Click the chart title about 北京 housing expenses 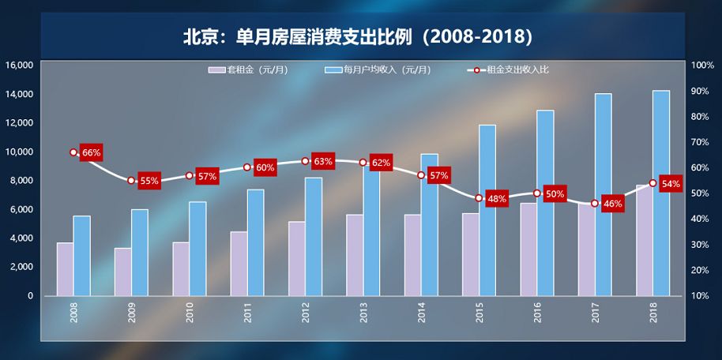coord(360,36)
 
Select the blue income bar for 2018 coord(661,193)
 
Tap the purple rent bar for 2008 coord(65,269)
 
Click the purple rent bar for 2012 coord(296,258)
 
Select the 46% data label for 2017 coord(612,204)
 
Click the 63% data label coord(323,161)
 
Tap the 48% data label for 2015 coord(497,199)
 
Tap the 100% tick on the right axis coord(702,65)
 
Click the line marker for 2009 coord(132,181)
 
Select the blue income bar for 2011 coord(255,242)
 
